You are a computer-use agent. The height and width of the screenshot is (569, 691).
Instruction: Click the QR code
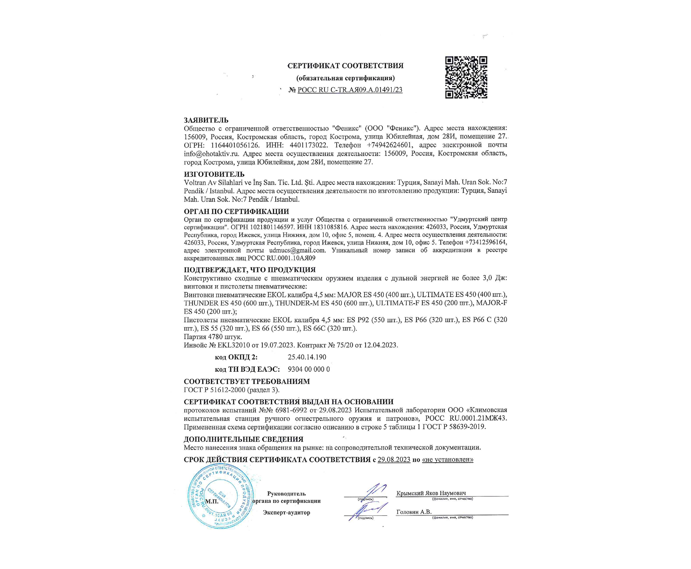466,77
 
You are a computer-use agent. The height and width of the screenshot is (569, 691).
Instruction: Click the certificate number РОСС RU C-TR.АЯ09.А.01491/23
350,90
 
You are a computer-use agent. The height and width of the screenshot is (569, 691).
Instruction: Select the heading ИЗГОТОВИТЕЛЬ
214,174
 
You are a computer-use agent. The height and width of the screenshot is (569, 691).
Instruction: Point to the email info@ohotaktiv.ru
211,153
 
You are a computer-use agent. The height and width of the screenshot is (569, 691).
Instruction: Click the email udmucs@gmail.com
297,250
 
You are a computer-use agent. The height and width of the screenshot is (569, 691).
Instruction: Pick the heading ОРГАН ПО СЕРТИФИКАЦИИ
236,211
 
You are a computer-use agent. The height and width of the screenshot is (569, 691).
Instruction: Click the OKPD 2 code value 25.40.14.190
307,357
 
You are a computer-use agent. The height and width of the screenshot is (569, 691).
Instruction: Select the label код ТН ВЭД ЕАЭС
247,369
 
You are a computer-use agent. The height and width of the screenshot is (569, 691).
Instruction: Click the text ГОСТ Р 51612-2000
214,390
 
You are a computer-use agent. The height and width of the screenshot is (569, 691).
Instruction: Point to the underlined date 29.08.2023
394,460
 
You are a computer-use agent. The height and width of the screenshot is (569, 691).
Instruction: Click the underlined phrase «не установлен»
448,460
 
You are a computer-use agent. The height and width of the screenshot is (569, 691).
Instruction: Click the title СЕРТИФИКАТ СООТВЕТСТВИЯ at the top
345,66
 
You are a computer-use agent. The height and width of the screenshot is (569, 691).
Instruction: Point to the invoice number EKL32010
234,345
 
